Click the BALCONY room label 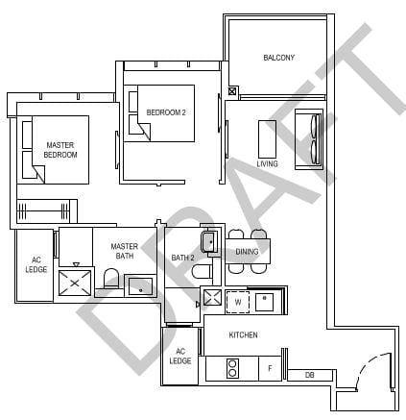[278, 58]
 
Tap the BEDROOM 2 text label [165, 112]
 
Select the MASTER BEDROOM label [60, 150]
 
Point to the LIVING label [267, 163]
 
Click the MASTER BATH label [123, 251]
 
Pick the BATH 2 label [182, 258]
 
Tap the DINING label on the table [247, 252]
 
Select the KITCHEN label [243, 334]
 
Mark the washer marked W [237, 302]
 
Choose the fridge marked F [270, 368]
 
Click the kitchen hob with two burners [232, 368]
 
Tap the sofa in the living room [308, 140]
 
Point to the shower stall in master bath [75, 283]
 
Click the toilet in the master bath [111, 280]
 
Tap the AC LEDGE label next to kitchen [179, 357]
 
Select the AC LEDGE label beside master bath [36, 265]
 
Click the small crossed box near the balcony [232, 92]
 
